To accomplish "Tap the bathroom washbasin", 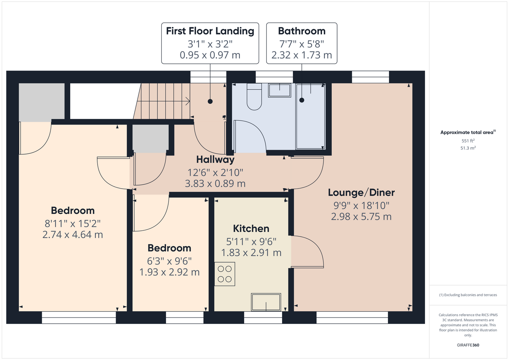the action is point(280,90).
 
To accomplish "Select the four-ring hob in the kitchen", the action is point(225,274).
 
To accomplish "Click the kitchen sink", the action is point(266,302).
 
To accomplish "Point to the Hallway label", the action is point(215,159).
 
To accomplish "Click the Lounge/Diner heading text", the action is point(361,193).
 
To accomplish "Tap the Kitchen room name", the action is point(251,229).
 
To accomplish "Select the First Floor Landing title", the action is point(210,31).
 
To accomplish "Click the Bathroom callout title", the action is point(302,31).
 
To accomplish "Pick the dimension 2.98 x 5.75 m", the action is point(361,216).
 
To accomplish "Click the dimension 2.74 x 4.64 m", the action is point(73,234).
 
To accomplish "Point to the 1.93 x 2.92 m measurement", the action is point(169,272).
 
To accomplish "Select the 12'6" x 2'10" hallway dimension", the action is point(215,172).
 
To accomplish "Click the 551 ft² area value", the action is point(468,141).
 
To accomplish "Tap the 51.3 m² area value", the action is point(468,148).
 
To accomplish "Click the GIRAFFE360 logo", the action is point(468,345).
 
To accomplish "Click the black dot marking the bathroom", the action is point(302,100).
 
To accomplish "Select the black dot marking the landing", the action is point(210,101).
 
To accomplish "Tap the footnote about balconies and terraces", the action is point(468,295).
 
